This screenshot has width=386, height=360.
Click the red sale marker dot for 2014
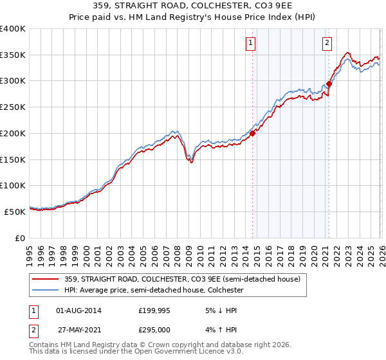point(252,134)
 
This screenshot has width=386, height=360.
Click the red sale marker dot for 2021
point(329,84)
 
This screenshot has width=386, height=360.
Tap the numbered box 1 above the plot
point(250,43)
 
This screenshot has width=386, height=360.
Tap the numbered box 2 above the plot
point(327,43)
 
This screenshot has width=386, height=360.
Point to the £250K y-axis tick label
point(13,107)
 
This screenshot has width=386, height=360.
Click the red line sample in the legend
point(46,280)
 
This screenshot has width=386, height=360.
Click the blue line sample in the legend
point(46,291)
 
